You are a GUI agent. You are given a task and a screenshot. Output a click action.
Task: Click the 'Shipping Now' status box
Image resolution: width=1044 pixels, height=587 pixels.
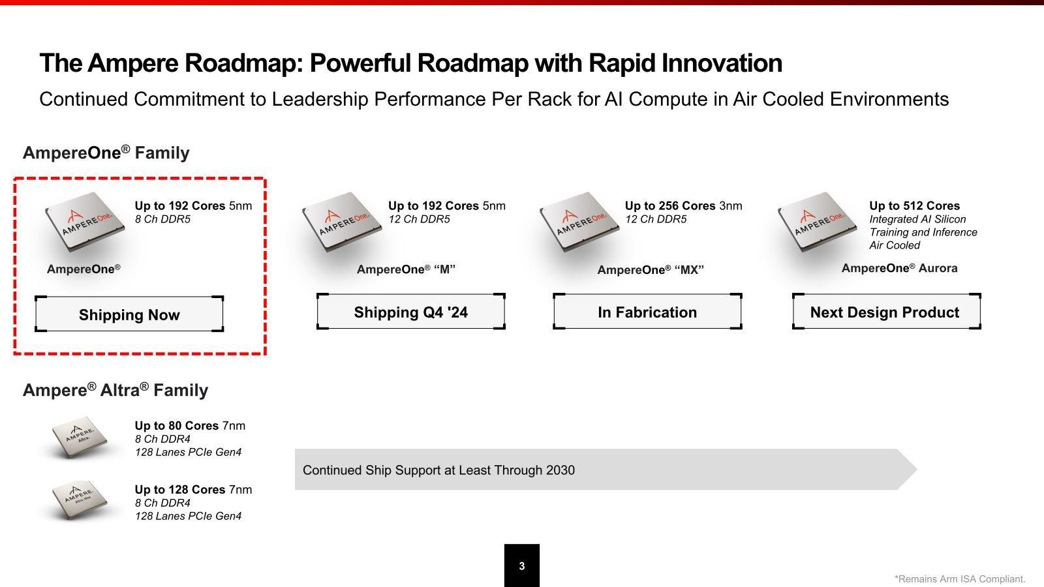(x=129, y=314)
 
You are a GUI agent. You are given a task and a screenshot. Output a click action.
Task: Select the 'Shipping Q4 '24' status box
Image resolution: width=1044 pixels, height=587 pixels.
(x=410, y=312)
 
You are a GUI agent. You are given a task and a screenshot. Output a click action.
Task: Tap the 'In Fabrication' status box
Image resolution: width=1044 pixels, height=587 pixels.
(x=647, y=312)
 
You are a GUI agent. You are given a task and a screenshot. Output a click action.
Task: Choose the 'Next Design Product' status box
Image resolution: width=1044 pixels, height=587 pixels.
(x=887, y=312)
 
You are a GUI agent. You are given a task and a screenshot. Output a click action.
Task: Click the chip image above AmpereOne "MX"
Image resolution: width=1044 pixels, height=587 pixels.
(x=579, y=222)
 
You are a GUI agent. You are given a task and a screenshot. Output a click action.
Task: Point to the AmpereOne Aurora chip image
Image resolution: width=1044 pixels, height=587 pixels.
(x=818, y=222)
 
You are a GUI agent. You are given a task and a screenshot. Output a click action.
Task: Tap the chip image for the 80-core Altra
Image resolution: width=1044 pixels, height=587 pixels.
(x=80, y=436)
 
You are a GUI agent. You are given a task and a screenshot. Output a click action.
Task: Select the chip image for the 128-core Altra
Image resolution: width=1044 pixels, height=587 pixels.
(x=80, y=500)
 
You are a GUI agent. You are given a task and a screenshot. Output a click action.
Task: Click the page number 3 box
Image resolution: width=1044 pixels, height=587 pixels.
(x=522, y=565)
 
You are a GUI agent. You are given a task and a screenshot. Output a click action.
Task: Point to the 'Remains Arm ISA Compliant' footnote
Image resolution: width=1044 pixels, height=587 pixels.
(x=960, y=579)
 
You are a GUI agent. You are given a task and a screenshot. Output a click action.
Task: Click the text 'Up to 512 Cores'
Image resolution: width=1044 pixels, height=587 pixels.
(x=914, y=205)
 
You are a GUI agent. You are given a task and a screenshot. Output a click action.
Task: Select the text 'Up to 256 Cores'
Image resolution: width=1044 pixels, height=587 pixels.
(x=669, y=205)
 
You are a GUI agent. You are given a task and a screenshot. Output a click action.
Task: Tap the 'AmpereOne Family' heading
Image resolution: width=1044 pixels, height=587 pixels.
(x=106, y=153)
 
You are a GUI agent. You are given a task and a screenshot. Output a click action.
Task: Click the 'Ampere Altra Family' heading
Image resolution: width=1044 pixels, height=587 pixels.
(x=115, y=389)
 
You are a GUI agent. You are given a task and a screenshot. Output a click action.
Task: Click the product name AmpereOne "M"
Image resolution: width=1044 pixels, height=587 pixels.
(x=406, y=269)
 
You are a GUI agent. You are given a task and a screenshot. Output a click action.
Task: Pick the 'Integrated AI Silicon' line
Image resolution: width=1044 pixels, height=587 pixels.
(x=917, y=219)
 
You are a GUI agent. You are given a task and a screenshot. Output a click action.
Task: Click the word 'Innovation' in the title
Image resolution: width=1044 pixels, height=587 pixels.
(x=722, y=63)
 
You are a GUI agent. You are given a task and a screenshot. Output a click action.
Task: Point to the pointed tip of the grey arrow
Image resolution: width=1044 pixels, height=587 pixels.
(x=917, y=469)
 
